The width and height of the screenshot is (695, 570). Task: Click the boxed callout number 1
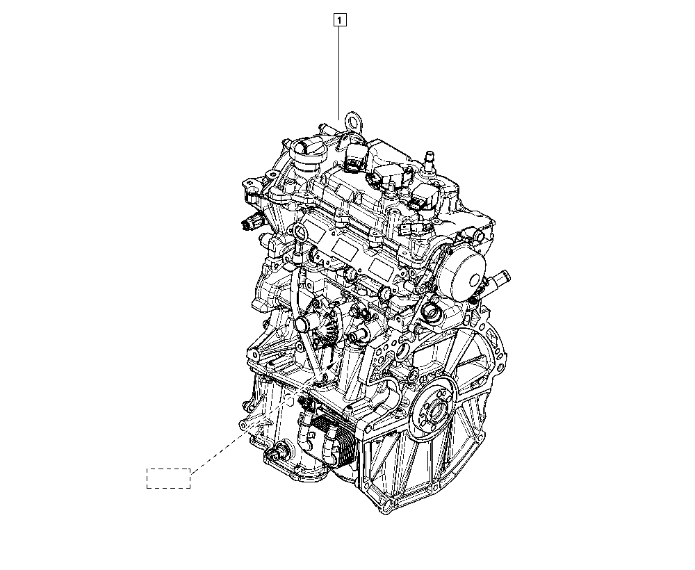[x=340, y=20]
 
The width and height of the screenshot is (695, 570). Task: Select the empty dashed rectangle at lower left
[x=168, y=478]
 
